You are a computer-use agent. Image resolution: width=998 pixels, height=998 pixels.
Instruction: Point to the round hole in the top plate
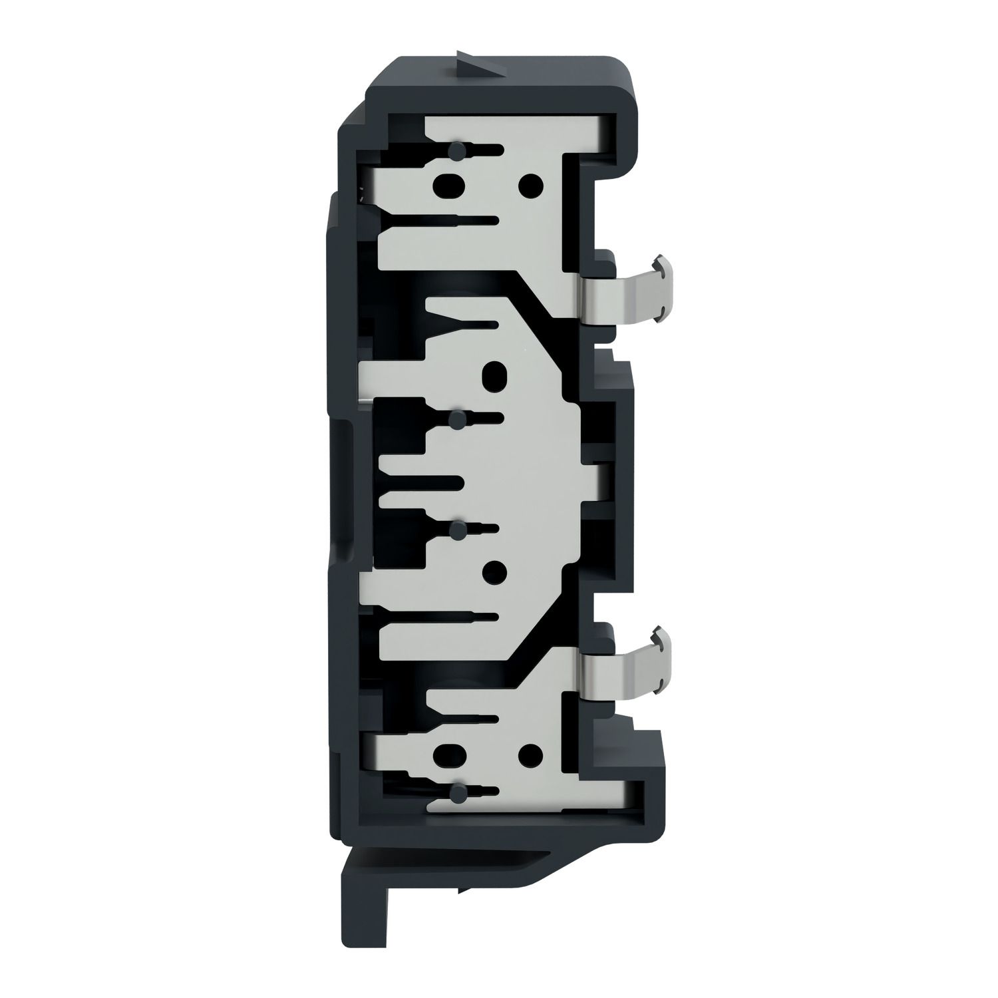(530, 183)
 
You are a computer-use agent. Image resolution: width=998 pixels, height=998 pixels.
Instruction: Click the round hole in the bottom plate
(530, 754)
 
